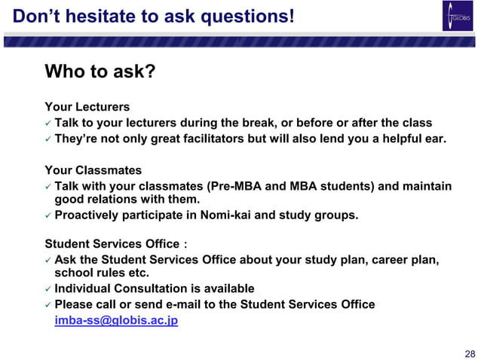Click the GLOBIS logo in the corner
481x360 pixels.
pyautogui.click(x=457, y=17)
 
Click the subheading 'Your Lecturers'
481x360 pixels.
pyautogui.click(x=87, y=107)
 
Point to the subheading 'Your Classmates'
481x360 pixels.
pyautogui.click(x=93, y=170)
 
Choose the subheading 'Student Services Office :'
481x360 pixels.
pyautogui.click(x=115, y=244)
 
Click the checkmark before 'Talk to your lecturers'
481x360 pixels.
pyautogui.click(x=48, y=124)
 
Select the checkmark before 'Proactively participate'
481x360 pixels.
pyautogui.click(x=48, y=216)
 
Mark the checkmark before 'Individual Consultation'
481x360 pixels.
pyautogui.click(x=48, y=289)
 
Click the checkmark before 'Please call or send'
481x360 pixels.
pyautogui.click(x=48, y=305)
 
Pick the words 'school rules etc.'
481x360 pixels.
pyautogui.click(x=102, y=273)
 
